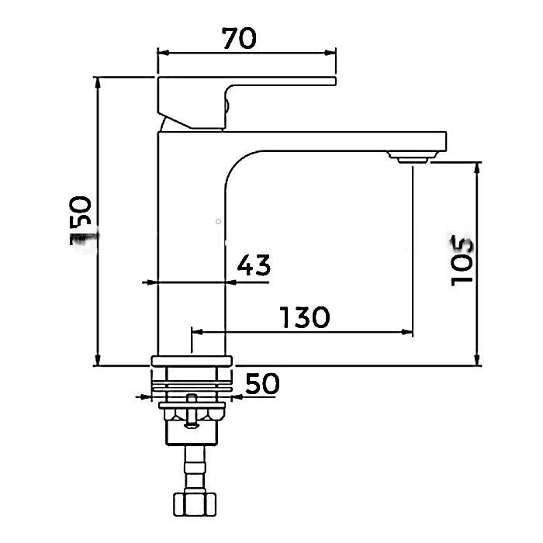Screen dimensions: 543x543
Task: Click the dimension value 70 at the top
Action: coord(239,39)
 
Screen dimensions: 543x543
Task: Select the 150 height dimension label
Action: coord(81,220)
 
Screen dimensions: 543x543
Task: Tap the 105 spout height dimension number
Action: coord(462,261)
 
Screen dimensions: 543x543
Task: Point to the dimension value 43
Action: coord(254,265)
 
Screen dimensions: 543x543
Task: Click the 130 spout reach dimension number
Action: coord(305,317)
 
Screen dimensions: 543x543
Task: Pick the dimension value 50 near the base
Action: coord(262,383)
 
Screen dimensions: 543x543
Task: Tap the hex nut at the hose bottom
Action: coord(194,504)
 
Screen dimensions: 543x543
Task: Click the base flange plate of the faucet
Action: coord(192,361)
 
